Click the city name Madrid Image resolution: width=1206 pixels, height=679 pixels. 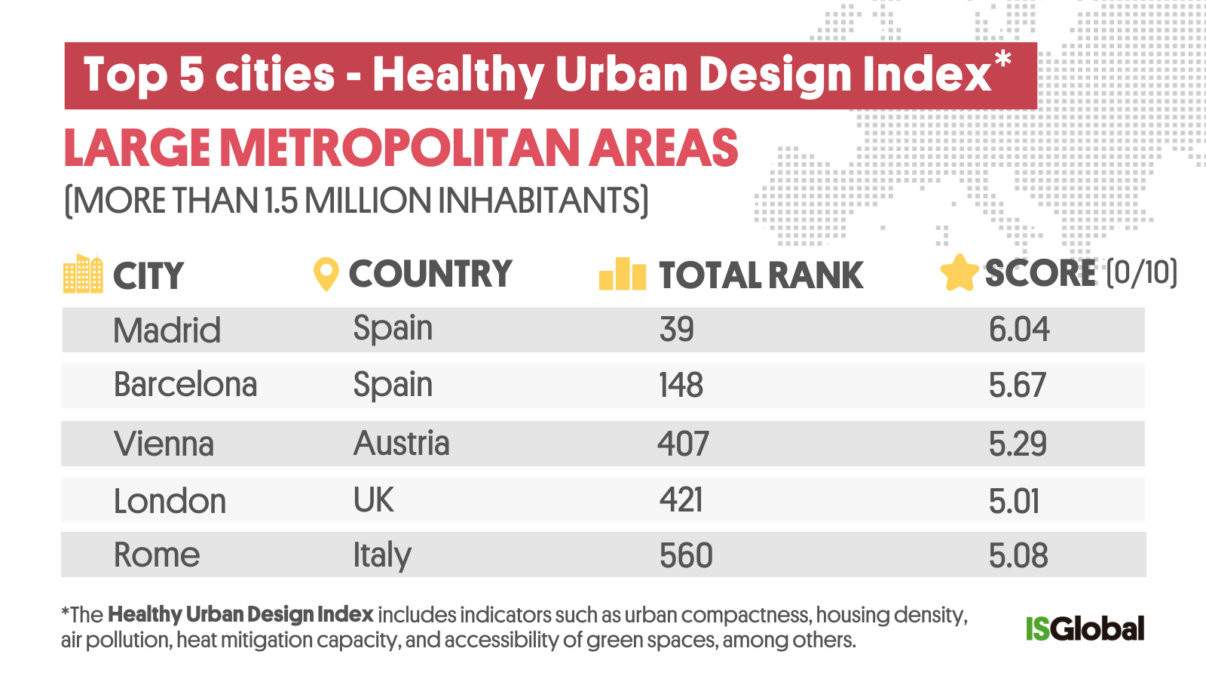pos(167,330)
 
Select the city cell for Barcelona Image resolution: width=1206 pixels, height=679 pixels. pos(185,385)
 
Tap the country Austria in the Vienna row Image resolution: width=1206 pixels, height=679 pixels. pos(401,444)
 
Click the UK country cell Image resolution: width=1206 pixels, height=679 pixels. pos(374,500)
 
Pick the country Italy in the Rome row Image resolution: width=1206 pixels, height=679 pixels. pos(382,556)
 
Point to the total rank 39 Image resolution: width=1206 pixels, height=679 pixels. pos(676,330)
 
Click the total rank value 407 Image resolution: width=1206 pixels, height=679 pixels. pos(683,444)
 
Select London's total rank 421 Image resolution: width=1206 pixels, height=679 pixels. pos(681,500)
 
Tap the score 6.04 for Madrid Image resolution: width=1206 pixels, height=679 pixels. pos(1018,330)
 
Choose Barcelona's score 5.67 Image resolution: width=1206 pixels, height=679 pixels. pos(1017,386)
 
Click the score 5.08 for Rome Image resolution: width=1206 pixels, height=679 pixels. pos(1018,556)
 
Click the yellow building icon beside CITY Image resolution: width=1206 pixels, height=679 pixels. pos(83,274)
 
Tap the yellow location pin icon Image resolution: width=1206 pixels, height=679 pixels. pos(326,274)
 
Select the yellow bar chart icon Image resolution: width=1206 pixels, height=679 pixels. pos(622,274)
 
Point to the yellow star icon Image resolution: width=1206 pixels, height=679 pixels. pos(959,273)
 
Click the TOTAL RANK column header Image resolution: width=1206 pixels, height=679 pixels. pos(761,275)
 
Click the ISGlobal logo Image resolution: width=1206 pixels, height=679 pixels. pos(1085,628)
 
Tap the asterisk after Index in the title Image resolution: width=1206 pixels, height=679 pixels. pos(1002,59)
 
